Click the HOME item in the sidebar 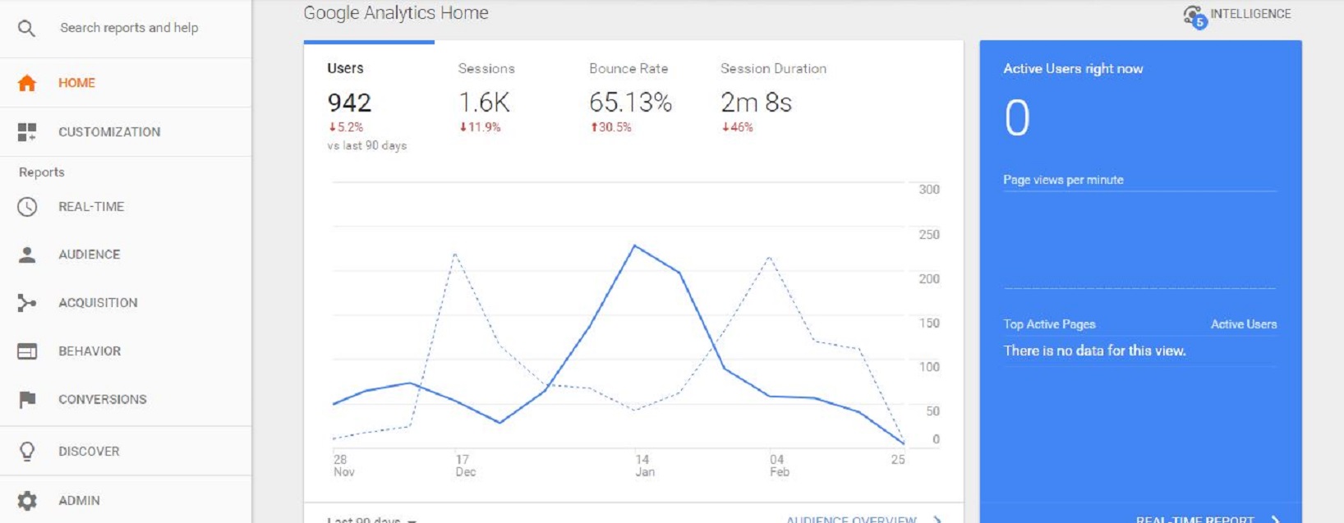coord(76,83)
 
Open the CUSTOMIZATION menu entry coord(108,132)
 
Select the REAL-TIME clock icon coord(27,207)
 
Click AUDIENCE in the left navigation coord(89,255)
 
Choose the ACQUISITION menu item coord(98,303)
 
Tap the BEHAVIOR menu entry coord(90,351)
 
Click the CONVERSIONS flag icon coord(27,400)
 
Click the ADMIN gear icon coord(27,501)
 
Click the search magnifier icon coord(26,29)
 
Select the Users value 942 coord(349,103)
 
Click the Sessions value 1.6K coord(484,103)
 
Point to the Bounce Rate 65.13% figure coord(630,103)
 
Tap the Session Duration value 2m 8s coord(756,103)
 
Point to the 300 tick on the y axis coord(929,190)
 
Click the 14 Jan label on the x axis coord(644,466)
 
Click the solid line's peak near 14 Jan coord(635,245)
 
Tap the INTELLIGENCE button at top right coord(1237,15)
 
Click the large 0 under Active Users coord(1017,118)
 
